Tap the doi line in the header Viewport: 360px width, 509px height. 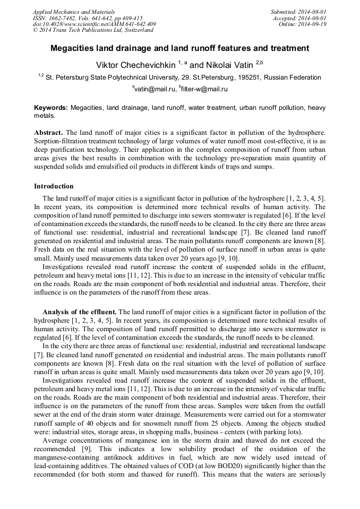pos(94,24)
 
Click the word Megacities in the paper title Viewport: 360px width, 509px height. pos(73,48)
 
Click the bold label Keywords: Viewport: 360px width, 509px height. pos(51,107)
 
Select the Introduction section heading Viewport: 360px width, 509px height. pos(54,186)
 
